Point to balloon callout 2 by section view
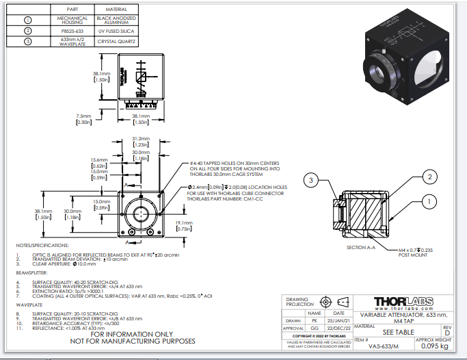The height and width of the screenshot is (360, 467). pos(430,177)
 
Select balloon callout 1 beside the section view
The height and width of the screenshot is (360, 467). pos(430,202)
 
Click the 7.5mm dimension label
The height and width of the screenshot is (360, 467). pos(84,118)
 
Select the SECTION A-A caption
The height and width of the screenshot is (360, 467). pos(362,247)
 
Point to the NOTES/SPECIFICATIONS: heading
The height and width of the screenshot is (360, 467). pos(42,245)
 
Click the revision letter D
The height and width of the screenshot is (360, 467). pos(447,333)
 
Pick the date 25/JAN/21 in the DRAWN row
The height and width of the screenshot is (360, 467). pos(339,320)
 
